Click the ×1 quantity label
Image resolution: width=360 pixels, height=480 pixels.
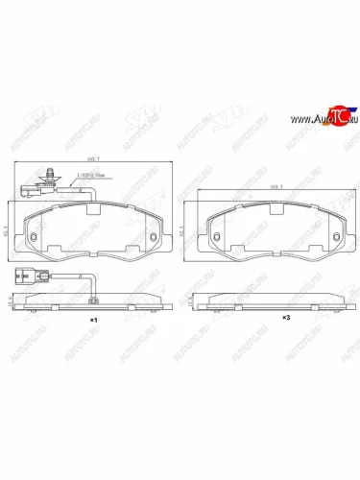point(93,318)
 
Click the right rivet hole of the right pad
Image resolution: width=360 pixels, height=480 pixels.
point(337,239)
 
